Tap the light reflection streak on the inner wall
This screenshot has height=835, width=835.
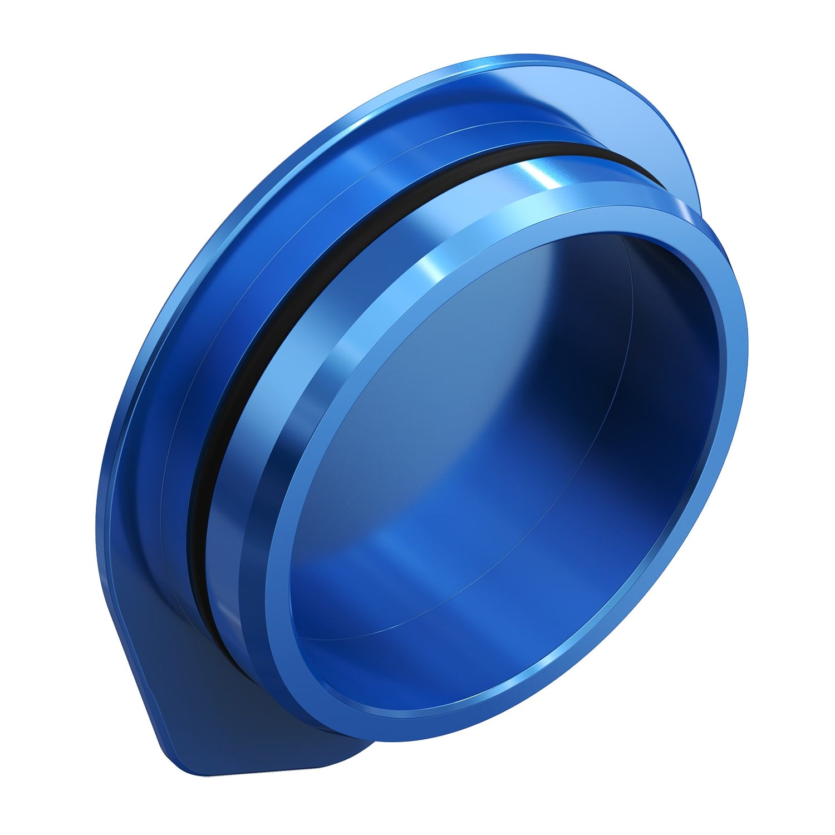(390, 546)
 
